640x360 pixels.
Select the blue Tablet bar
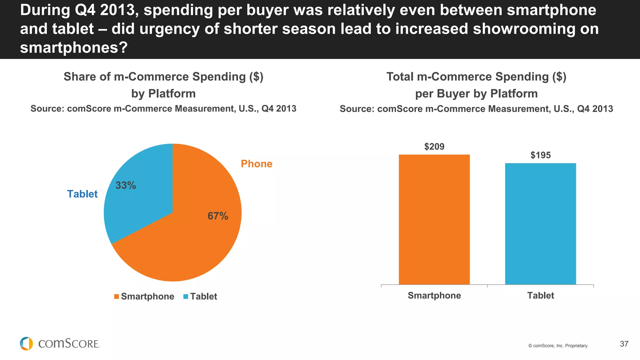coord(540,224)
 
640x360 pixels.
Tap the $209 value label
coord(434,147)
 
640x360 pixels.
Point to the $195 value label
coord(540,155)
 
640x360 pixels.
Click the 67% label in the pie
coord(218,216)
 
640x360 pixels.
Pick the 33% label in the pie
coord(126,185)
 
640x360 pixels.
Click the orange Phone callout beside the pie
coord(257,164)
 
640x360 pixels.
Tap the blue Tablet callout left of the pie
coord(82,194)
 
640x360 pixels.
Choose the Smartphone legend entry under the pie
coord(144,296)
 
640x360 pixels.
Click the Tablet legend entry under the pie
coord(200,296)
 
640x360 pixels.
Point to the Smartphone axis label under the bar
coord(434,295)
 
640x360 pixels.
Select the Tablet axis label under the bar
coord(540,295)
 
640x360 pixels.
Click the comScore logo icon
coord(26,343)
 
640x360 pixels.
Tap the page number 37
coord(624,344)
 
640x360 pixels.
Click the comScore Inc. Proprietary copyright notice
coord(558,346)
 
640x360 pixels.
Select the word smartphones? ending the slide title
coord(74,47)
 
